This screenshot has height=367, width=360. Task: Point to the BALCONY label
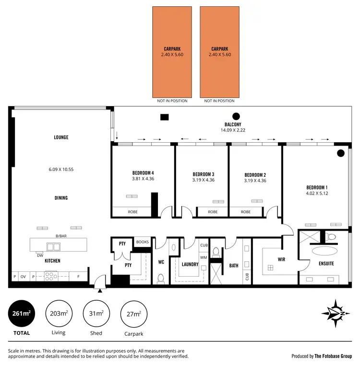coord(232,124)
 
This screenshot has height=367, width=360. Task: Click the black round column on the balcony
coord(236,116)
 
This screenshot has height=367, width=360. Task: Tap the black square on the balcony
coord(165,116)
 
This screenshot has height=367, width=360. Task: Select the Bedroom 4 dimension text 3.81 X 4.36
coord(143,179)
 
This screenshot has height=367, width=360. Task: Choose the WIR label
coord(282,259)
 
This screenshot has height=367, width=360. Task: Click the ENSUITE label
coord(326,263)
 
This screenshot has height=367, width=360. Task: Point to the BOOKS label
coord(142,242)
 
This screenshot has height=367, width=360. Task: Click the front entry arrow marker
coord(99,290)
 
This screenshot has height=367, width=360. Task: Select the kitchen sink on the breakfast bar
coord(53,247)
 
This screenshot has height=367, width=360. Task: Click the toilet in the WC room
coord(160,278)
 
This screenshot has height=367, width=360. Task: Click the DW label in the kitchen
coord(40,255)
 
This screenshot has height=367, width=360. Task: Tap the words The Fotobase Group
coord(333,356)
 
